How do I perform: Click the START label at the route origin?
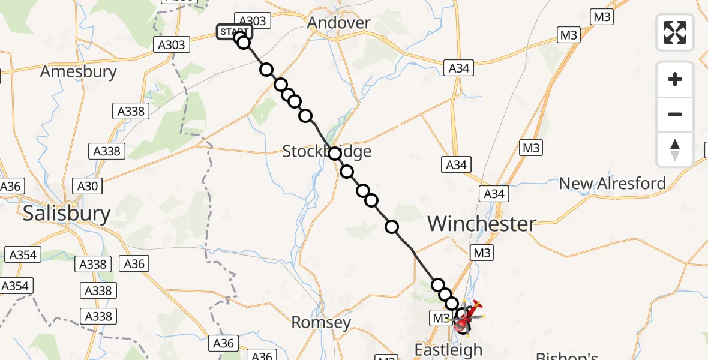pyautogui.click(x=234, y=32)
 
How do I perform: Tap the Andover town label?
pyautogui.click(x=339, y=23)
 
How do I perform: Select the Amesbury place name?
pyautogui.click(x=79, y=72)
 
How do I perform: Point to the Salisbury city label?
pyautogui.click(x=67, y=214)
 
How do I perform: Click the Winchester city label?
pyautogui.click(x=482, y=224)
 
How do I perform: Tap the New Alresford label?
pyautogui.click(x=612, y=183)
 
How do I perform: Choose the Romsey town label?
pyautogui.click(x=320, y=323)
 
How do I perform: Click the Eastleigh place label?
pyautogui.click(x=449, y=349)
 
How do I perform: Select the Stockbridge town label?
pyautogui.click(x=327, y=152)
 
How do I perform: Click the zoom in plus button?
pyautogui.click(x=675, y=79)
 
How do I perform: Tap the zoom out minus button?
pyautogui.click(x=675, y=114)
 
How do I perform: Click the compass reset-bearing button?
pyautogui.click(x=675, y=149)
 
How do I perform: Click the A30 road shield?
pyautogui.click(x=88, y=186)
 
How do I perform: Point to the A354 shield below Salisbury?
pyautogui.click(x=23, y=254)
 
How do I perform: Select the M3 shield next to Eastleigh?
pyautogui.click(x=441, y=317)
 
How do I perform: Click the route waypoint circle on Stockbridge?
pyautogui.click(x=335, y=154)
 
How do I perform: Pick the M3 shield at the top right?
pyautogui.click(x=602, y=17)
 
